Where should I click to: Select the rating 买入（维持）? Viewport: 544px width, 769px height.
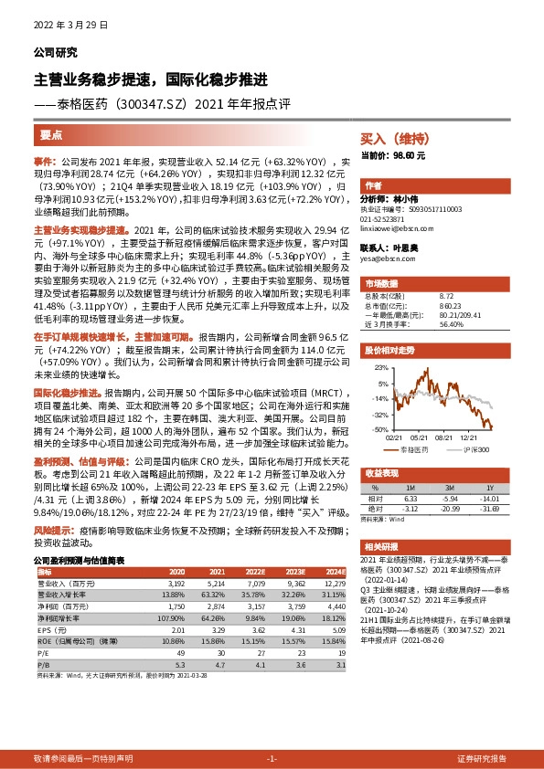[x=394, y=140]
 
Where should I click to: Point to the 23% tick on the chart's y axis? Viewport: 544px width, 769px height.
[x=379, y=366]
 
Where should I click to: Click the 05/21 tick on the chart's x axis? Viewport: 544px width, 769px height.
[x=422, y=437]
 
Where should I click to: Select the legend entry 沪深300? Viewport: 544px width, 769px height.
[x=469, y=450]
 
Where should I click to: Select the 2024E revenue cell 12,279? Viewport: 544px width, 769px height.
[x=336, y=582]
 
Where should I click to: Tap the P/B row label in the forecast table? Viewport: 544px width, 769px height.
[x=42, y=666]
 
